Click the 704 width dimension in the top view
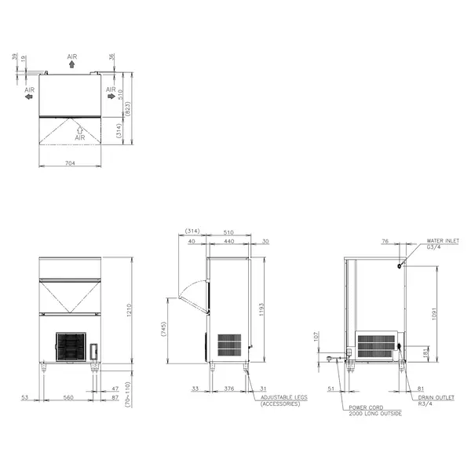click(70, 164)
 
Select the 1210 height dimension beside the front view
click(129, 314)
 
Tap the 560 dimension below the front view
click(69, 398)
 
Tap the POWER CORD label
click(365, 407)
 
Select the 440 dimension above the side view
click(228, 242)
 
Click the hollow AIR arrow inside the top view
click(79, 127)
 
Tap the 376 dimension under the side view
click(229, 387)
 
